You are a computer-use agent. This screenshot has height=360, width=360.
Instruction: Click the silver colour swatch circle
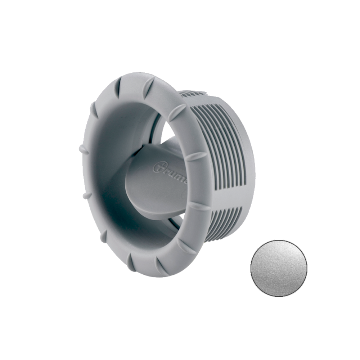coord(279,268)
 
